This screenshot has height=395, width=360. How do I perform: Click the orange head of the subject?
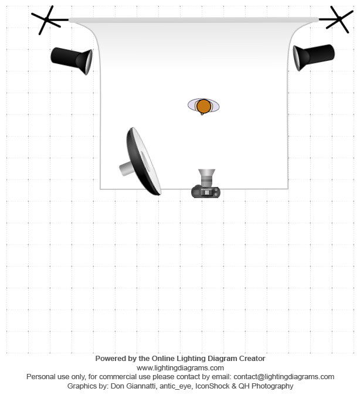point(203,106)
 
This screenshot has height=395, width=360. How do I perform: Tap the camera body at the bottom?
point(206,192)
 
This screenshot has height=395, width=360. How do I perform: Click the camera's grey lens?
point(206,176)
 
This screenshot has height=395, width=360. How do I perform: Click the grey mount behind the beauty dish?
point(126,168)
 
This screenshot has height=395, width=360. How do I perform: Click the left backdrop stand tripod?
point(47,20)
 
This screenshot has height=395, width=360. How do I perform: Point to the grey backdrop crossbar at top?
point(193,21)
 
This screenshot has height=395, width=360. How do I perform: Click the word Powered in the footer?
point(110,358)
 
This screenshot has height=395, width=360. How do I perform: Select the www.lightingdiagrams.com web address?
point(180,367)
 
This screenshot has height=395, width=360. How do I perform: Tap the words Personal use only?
point(54,377)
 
